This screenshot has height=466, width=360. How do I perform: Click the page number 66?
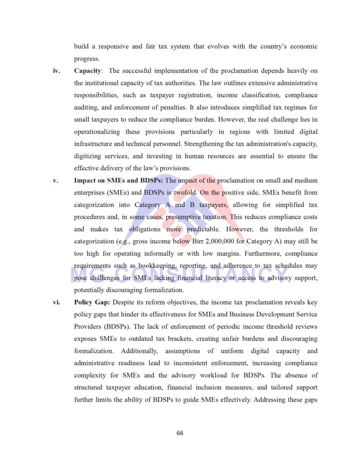[x=180, y=433]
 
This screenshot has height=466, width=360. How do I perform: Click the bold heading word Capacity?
[x=88, y=71]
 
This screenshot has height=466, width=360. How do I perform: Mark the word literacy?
[x=221, y=278]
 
